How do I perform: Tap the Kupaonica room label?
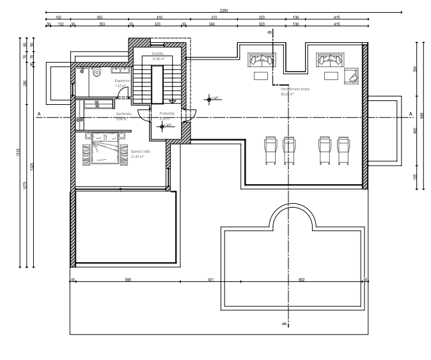[122, 83]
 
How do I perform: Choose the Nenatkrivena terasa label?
[282, 91]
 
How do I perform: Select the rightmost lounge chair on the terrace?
[343, 149]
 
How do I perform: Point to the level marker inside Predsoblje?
[163, 126]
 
